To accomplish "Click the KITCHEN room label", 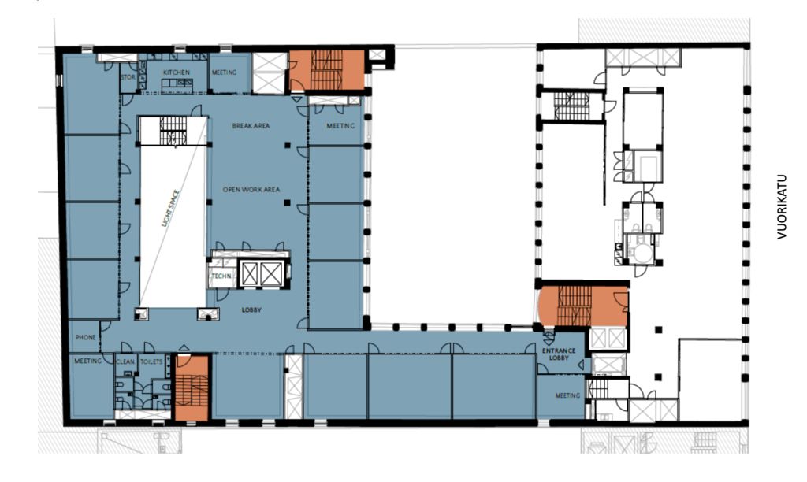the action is pos(177,72).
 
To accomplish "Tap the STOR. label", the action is pos(128,77).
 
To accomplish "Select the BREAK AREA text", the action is pos(251,126).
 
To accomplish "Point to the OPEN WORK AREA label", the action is pos(251,190).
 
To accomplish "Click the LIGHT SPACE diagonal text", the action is pos(171,209).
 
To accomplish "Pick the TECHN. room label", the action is pos(221,276).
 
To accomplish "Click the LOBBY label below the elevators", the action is pos(251,310).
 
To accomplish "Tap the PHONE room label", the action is pos(85,337).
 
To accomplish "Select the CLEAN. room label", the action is pos(125,361).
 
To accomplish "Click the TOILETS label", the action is pos(151,361).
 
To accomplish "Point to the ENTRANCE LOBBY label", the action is pos(559,354).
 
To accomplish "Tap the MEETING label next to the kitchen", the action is pos(225,72).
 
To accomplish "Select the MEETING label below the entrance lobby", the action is pos(567,395).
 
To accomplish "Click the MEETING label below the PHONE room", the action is pos(87,361).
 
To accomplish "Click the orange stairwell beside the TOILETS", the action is pos(192,387).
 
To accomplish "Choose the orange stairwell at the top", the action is pos(327,70).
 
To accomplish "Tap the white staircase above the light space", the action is pos(173,132).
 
